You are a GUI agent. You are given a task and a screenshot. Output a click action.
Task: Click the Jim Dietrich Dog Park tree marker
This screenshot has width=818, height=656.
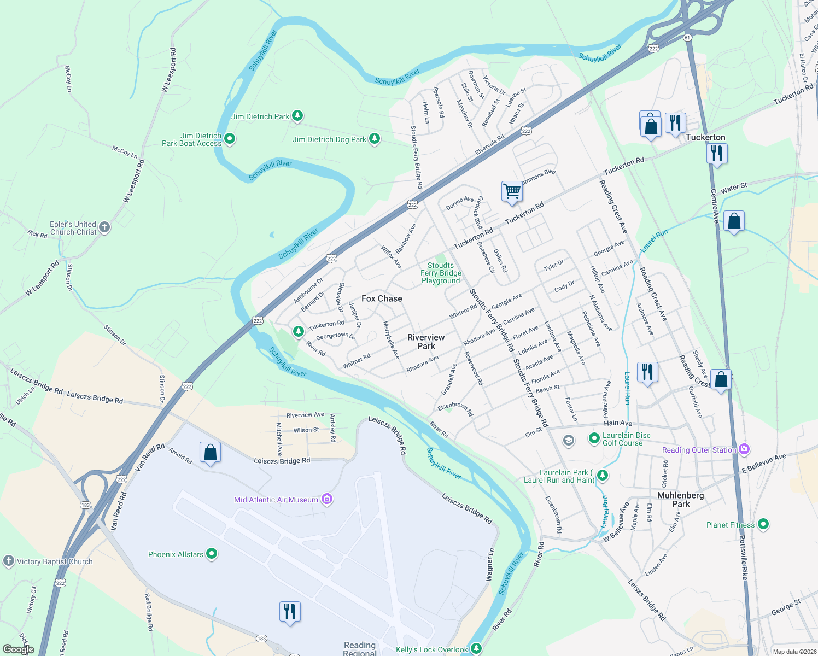point(374,139)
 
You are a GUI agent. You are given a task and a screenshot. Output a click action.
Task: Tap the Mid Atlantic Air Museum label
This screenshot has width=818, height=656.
point(276,500)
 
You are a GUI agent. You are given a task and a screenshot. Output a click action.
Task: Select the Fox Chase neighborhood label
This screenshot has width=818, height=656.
point(382,298)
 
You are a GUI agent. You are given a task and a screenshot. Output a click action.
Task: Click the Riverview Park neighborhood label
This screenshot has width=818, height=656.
point(426,342)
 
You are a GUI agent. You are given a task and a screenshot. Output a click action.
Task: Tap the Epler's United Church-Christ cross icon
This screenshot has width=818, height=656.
point(104,227)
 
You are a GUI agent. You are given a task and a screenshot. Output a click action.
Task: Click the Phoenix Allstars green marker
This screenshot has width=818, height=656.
point(212,554)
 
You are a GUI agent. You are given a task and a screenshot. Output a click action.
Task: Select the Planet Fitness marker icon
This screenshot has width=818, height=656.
point(763,524)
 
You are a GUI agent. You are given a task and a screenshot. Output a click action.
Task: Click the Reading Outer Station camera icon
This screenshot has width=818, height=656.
point(744,449)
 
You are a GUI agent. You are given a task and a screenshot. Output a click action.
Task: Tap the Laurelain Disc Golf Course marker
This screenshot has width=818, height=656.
point(594,438)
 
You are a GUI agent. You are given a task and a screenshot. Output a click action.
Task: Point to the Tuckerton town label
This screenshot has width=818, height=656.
point(705,138)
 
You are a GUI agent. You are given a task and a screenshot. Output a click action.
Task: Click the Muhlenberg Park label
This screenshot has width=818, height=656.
point(681,500)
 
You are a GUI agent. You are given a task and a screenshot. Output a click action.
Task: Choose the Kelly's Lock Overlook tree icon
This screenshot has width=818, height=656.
point(476,648)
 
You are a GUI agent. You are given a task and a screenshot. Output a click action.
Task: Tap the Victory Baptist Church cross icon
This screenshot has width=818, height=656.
point(8,561)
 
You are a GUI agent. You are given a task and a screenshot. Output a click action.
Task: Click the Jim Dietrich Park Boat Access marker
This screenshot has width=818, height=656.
point(230,139)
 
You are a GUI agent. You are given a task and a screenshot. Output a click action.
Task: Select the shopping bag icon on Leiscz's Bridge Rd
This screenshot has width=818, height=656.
point(210,453)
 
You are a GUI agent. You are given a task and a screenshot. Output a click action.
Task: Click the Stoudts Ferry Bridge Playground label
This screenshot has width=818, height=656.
point(441,273)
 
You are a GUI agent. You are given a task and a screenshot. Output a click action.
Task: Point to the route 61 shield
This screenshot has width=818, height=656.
point(687,38)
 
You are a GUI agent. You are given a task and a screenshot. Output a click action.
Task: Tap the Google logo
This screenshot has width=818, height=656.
point(18,649)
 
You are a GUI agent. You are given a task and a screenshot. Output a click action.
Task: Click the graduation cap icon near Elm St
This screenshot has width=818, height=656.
point(568,441)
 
